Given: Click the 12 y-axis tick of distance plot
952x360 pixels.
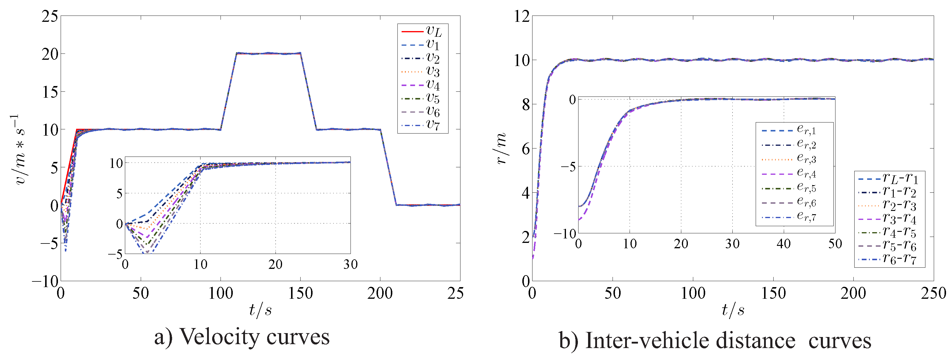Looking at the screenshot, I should click(521, 16).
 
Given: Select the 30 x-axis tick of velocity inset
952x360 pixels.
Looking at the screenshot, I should click(350, 264).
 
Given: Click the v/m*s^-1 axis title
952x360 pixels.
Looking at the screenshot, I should click(19, 149).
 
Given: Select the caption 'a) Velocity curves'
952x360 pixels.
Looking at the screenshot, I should click(242, 337).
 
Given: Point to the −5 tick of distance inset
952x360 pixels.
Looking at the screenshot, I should click(568, 167).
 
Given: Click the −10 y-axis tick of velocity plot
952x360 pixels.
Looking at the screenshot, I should click(45, 282).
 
